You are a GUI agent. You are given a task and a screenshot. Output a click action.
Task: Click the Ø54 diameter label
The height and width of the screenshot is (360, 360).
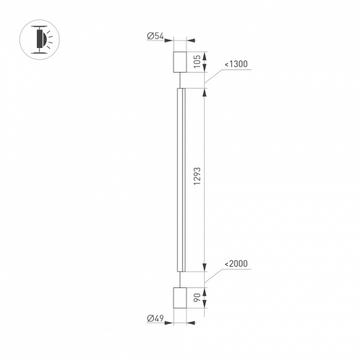click(x=155, y=36)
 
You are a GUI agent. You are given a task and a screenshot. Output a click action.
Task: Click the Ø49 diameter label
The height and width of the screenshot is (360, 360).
click(x=155, y=318)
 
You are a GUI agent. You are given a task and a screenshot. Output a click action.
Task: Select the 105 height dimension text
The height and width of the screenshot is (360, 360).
click(x=197, y=62)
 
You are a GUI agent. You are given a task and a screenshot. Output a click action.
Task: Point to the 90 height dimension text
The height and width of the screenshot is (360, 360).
click(x=197, y=298)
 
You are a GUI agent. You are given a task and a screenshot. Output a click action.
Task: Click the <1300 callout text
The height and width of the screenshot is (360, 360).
click(x=236, y=64)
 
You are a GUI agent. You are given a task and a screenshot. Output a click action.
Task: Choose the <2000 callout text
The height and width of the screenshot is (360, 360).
click(x=236, y=265)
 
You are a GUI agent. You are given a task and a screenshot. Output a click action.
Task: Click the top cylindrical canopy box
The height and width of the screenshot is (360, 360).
click(x=180, y=62)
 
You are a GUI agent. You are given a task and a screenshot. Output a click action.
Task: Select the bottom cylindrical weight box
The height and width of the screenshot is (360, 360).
click(x=180, y=298)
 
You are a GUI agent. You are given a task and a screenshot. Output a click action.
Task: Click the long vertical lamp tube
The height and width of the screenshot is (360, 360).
click(x=181, y=179)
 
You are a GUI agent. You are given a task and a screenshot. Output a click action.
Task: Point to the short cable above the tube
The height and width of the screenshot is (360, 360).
click(x=181, y=80)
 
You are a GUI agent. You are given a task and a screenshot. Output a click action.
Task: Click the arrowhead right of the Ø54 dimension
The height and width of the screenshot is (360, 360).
click(x=191, y=40)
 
